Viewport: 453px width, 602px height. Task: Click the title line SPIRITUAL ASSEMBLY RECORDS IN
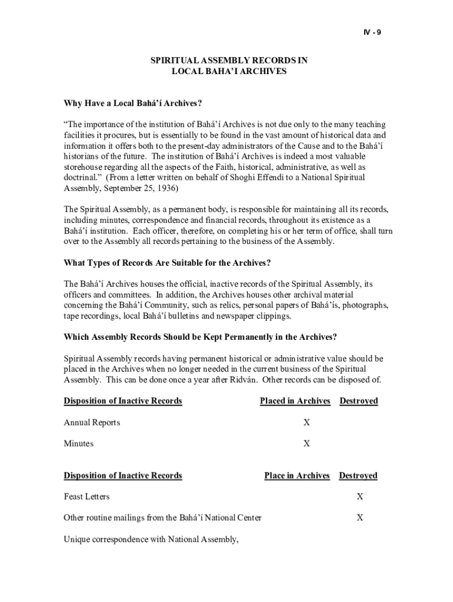pyautogui.click(x=229, y=61)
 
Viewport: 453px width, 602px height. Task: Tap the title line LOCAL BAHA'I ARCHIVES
pyautogui.click(x=229, y=71)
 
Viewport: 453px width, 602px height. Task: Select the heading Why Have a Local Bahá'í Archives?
pyautogui.click(x=133, y=103)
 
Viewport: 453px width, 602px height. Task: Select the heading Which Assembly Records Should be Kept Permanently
pyautogui.click(x=200, y=337)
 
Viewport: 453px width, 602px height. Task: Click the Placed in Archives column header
pyautogui.click(x=295, y=401)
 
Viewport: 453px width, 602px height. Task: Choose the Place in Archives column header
pyautogui.click(x=297, y=475)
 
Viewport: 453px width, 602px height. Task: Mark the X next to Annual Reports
pyautogui.click(x=307, y=423)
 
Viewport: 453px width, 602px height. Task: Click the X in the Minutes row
pyautogui.click(x=307, y=444)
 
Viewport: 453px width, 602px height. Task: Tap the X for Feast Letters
pyautogui.click(x=359, y=497)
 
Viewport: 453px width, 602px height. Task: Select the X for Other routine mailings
pyautogui.click(x=359, y=518)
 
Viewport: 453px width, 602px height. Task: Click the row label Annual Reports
pyautogui.click(x=92, y=423)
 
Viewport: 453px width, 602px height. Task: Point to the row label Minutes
pyautogui.click(x=78, y=444)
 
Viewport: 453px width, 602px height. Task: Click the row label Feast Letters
pyautogui.click(x=86, y=497)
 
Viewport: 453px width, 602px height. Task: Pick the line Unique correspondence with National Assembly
pyautogui.click(x=151, y=539)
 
